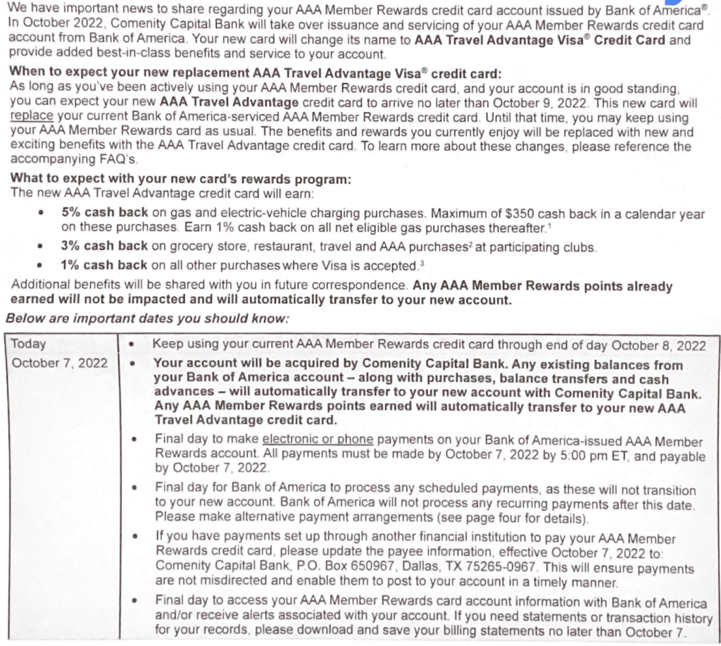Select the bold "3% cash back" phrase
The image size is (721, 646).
click(104, 247)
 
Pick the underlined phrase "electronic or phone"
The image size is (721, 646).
click(317, 438)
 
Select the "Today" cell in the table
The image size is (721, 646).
click(29, 344)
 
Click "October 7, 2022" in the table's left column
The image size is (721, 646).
click(60, 363)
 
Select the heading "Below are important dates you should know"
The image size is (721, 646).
click(147, 318)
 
